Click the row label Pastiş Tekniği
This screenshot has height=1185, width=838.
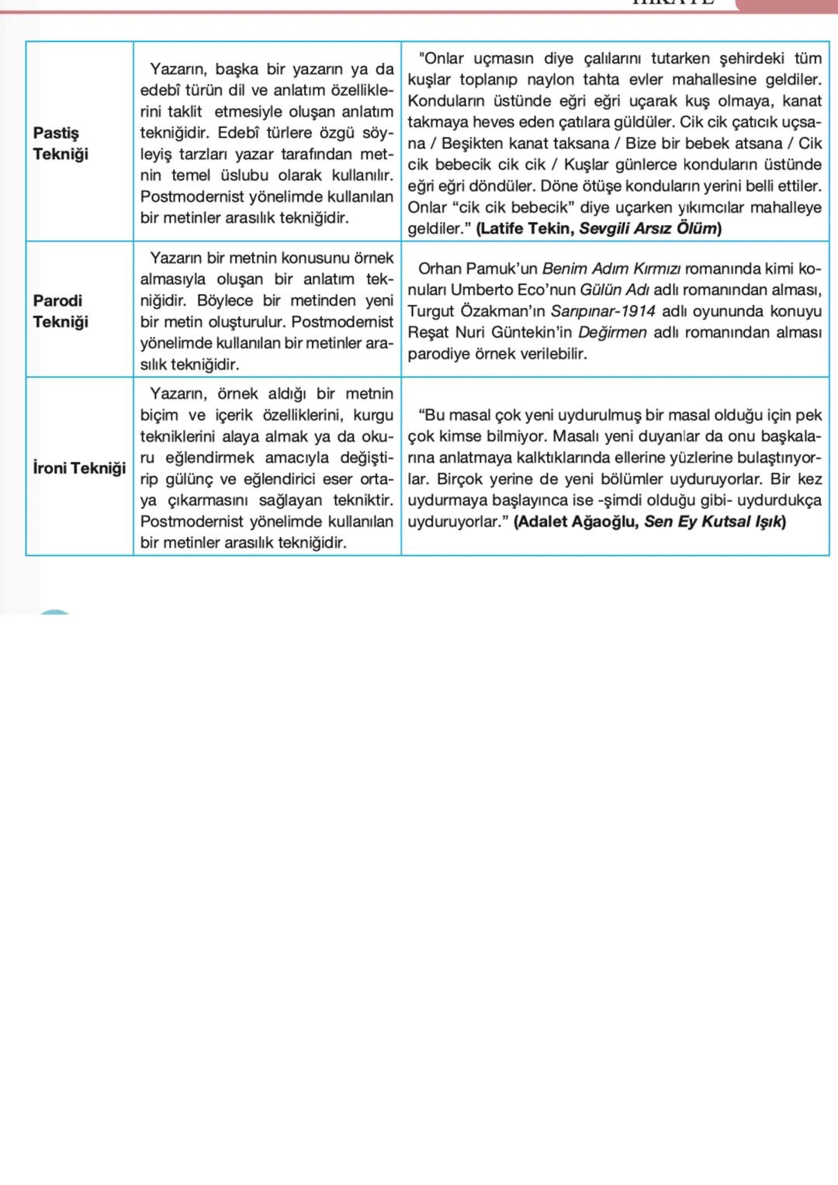(61, 144)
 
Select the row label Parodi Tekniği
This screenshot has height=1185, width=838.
(61, 311)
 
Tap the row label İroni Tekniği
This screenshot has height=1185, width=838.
(79, 468)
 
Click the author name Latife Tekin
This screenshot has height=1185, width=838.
(526, 229)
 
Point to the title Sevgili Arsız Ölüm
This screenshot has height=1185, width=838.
(648, 229)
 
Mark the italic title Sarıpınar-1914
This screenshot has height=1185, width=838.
(602, 311)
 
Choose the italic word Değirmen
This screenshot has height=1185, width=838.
(612, 333)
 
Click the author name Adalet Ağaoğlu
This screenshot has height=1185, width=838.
(577, 521)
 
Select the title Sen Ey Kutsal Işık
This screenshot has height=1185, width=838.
(712, 521)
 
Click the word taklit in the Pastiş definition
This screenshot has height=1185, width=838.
(184, 112)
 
